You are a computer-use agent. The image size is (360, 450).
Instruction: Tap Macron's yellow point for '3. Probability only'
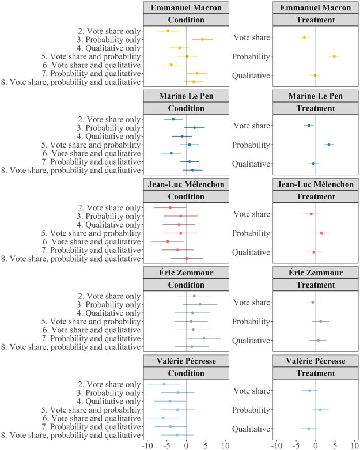pos(202,39)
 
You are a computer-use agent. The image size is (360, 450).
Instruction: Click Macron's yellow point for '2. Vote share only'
pos(168,31)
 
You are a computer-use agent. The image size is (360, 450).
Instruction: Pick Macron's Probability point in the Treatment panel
pos(334,56)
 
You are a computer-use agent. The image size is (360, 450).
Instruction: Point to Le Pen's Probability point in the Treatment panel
pos(329,145)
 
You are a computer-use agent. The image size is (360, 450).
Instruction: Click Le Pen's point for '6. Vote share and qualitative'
pos(171,153)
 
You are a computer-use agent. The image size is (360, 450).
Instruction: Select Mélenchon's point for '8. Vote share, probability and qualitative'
pos(187,258)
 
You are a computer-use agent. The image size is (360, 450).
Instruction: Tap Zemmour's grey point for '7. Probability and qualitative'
pos(204,338)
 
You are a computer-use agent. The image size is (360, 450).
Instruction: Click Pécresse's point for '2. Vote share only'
pos(164,384)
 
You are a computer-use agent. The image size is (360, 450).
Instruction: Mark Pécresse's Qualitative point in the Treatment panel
pos(309,429)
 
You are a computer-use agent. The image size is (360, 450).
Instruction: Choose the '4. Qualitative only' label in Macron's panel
pos(109,48)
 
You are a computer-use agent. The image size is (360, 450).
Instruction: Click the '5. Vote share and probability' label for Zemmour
pos(92,321)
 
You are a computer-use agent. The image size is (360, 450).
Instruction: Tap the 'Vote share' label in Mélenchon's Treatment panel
pos(251,214)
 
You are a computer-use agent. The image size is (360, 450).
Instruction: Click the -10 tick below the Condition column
pos(147,445)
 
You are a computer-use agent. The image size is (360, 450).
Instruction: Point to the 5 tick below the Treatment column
pos(335,445)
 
